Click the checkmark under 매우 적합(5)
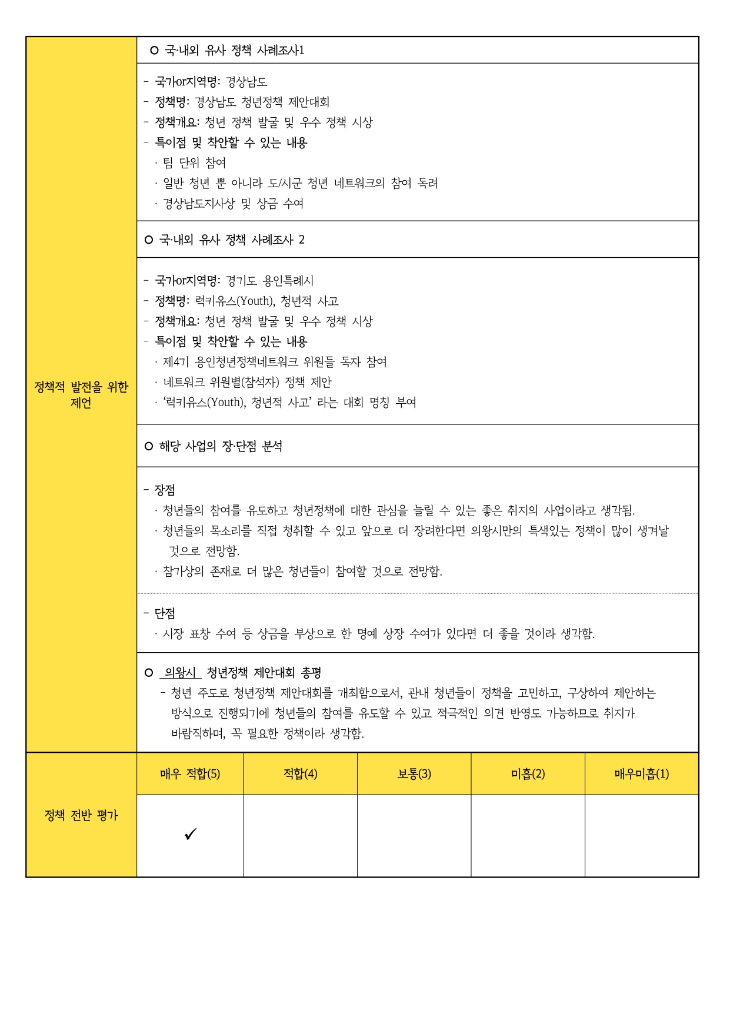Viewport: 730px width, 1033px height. coord(190,834)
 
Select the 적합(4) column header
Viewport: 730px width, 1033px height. coord(300,773)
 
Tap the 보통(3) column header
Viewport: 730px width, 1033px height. coord(414,773)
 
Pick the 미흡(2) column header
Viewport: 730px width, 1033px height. coord(528,773)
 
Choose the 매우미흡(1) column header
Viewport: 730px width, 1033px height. coord(641,773)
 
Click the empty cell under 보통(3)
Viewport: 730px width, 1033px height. coord(414,835)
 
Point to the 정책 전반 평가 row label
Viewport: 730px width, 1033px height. coord(81,815)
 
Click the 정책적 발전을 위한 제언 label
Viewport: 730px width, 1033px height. coord(81,395)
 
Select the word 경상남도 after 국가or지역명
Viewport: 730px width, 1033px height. coord(246,82)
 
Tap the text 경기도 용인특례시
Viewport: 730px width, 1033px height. coord(269,281)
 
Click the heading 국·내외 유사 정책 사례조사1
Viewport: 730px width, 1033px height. coord(234,51)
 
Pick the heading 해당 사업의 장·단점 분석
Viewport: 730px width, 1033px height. coord(221,446)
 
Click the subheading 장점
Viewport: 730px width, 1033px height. coord(165,490)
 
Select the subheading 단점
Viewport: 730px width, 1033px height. coord(165,613)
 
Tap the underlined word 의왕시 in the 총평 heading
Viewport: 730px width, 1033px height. coord(180,672)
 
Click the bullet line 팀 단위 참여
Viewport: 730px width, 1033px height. coord(194,162)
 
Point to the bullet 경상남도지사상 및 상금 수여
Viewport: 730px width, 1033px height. coord(233,204)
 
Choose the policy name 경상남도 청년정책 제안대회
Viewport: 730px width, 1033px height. coord(262,102)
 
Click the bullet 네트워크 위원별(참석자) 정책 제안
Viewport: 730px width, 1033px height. coord(247,382)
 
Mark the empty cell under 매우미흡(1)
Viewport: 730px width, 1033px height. coord(641,835)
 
